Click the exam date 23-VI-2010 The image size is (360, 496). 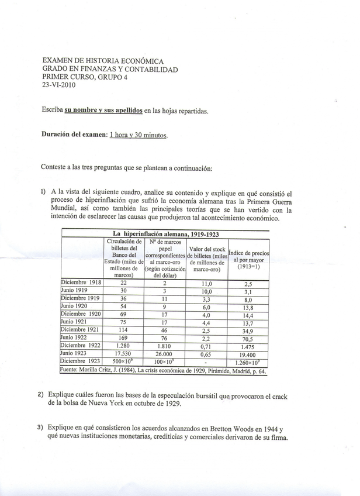58,84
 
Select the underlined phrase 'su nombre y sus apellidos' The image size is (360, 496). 103,110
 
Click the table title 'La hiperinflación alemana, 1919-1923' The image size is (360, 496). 165,233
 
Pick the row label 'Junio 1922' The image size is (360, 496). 74,337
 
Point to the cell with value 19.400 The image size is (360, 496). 247,354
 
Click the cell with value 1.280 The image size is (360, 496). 123,346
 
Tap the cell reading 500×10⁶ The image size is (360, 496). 123,363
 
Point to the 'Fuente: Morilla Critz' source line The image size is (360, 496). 163,371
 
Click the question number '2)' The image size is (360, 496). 41,395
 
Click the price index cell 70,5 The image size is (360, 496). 247,337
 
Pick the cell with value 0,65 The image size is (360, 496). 206,354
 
